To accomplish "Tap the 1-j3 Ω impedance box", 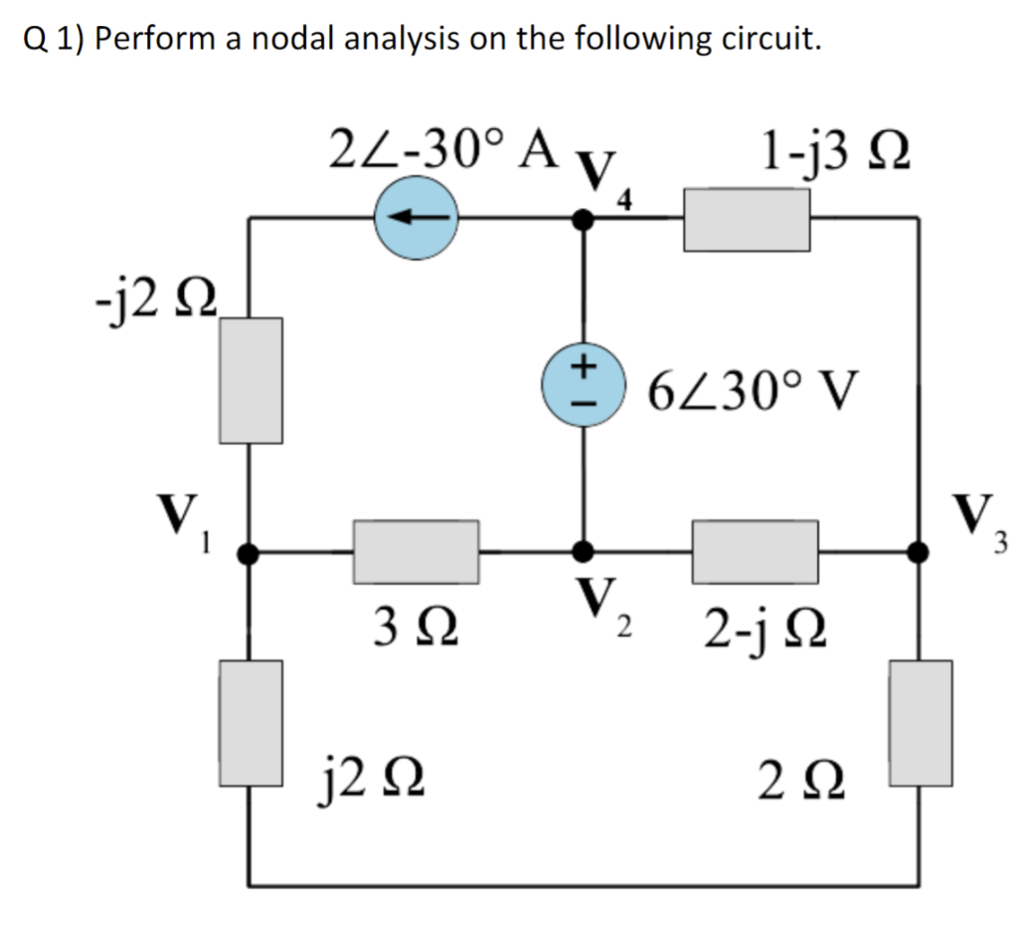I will (747, 220).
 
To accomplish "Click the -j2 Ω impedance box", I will (251, 379).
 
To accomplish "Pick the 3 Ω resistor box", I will (417, 550).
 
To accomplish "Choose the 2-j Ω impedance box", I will (756, 551).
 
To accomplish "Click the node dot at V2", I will (586, 550).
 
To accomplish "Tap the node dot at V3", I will (920, 550).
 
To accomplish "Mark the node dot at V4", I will (586, 220).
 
